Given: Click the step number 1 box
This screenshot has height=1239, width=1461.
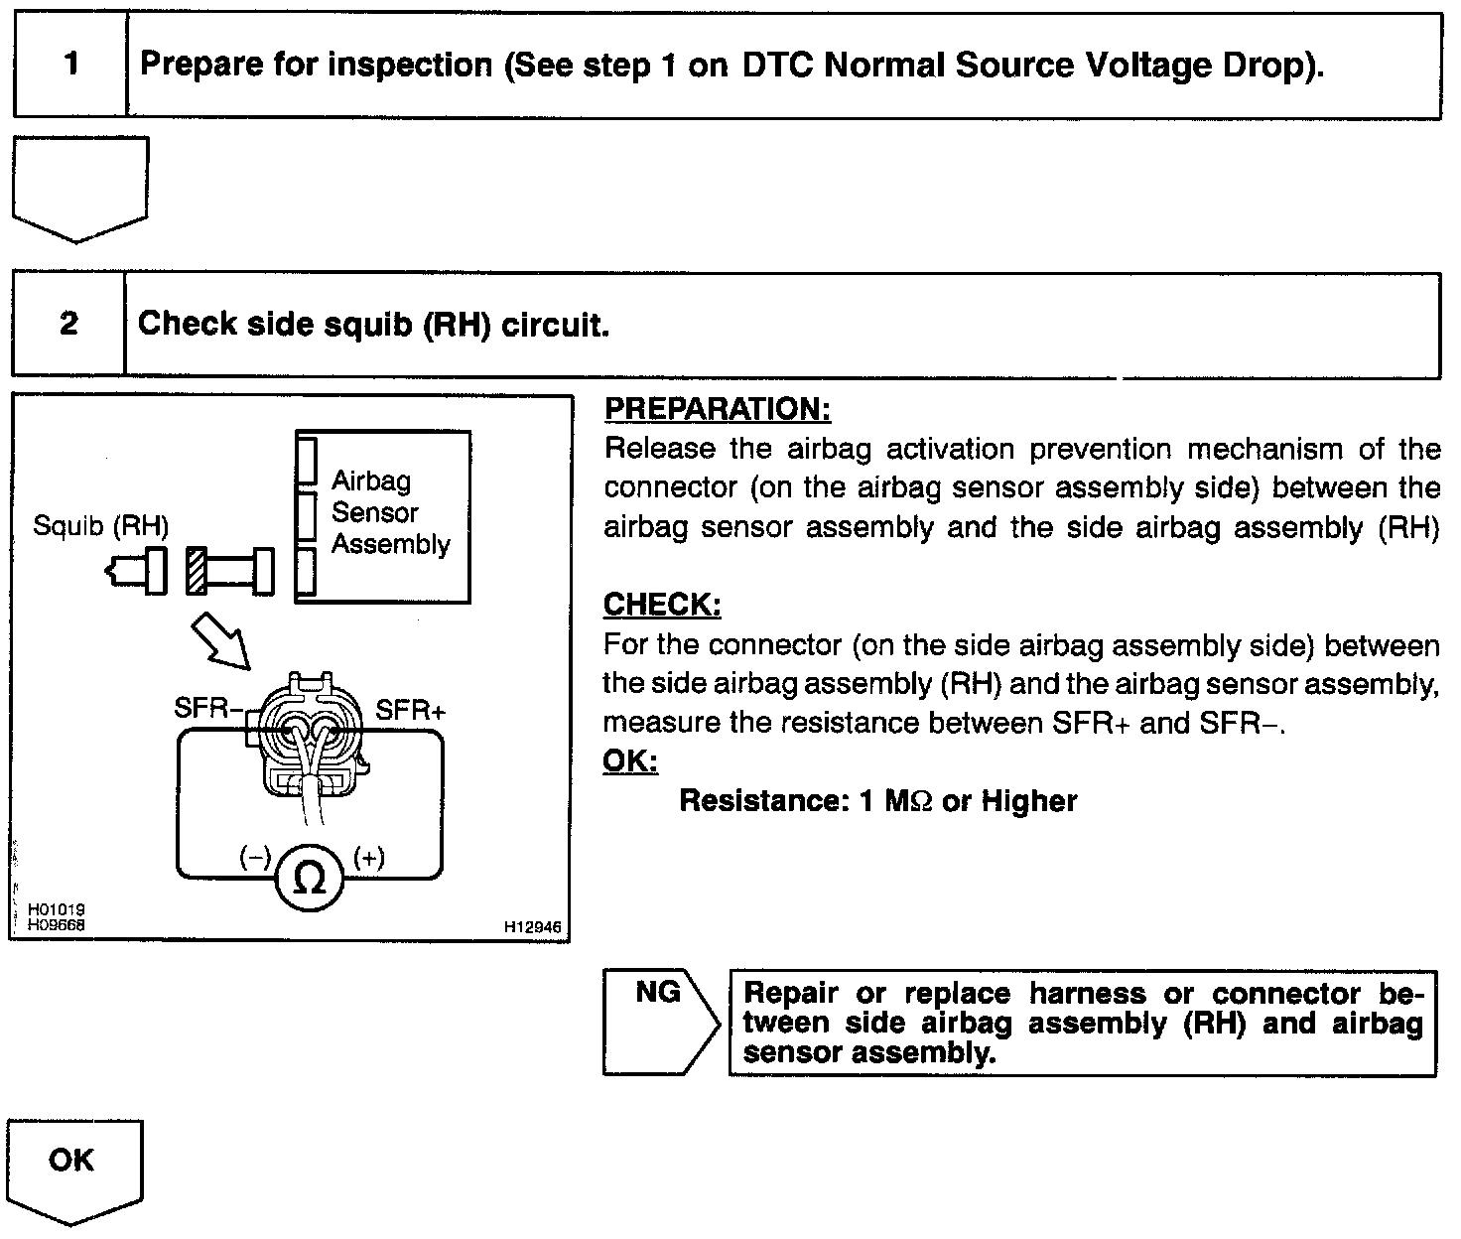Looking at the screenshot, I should tap(70, 66).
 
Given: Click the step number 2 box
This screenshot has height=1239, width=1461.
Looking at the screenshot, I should tap(68, 324).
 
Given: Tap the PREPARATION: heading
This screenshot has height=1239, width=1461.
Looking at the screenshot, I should tap(717, 409).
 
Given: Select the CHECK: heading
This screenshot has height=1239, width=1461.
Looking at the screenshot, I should tap(662, 605).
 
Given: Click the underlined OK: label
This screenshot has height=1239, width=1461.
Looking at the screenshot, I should tap(630, 761).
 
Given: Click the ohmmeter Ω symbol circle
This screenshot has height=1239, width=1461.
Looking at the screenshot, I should tap(310, 878).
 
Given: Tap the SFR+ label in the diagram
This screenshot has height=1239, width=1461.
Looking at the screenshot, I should tap(411, 710).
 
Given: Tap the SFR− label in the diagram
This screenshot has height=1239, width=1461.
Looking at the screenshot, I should tap(208, 708).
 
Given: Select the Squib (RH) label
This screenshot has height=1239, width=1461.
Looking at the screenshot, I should tap(100, 525).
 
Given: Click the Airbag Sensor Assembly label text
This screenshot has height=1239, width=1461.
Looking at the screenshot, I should tap(390, 512).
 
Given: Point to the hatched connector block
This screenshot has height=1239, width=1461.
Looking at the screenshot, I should tap(196, 571).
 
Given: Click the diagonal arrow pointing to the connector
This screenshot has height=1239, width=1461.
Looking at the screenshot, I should tap(221, 641).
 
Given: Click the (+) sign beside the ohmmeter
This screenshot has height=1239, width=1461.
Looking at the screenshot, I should tap(369, 858).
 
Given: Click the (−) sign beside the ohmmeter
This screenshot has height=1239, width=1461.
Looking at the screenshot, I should tap(255, 858).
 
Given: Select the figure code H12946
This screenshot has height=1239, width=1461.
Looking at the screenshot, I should tap(532, 926).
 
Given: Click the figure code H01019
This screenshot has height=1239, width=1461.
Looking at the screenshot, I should tap(57, 908).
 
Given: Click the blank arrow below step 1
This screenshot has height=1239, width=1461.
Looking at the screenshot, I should tap(79, 187).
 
